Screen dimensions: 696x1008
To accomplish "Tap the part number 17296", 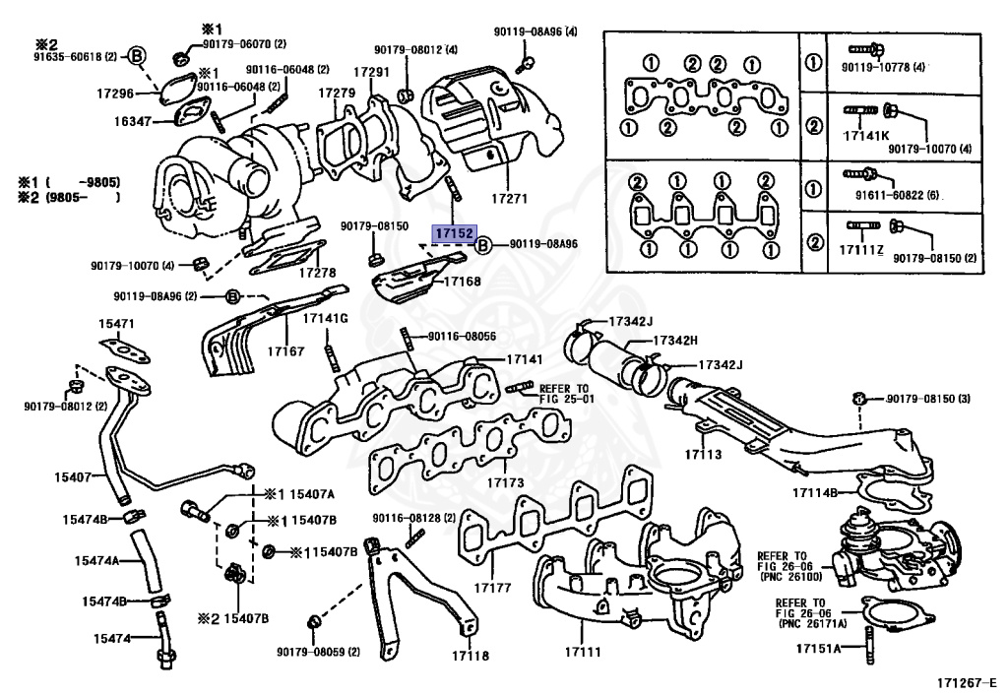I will pyautogui.click(x=114, y=93).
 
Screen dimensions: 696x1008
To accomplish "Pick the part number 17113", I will pyautogui.click(x=704, y=455).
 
